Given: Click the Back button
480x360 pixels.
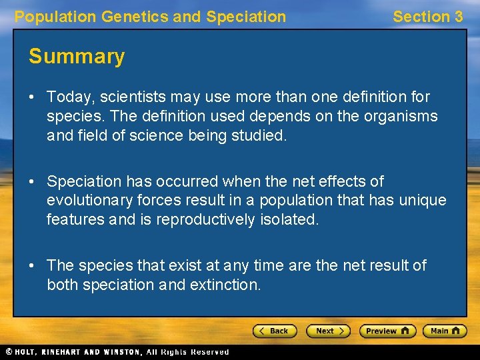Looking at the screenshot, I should [275, 331].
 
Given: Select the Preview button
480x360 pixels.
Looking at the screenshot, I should [387, 331].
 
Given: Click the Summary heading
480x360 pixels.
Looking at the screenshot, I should [77, 57].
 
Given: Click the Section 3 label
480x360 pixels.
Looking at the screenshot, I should [427, 17].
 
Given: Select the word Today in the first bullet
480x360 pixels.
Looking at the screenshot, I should [67, 97].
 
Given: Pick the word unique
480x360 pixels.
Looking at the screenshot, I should [422, 200].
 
